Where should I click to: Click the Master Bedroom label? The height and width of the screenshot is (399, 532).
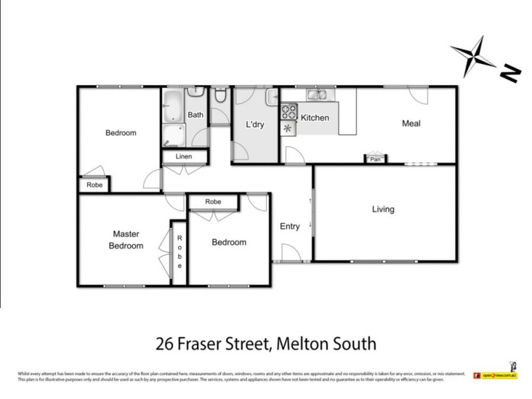[x=126, y=239]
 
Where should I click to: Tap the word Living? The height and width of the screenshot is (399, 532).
[x=383, y=209]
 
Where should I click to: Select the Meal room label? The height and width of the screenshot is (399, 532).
[x=411, y=123]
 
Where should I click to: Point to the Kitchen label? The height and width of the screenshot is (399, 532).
[x=315, y=118]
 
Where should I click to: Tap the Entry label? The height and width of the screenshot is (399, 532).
[x=290, y=226]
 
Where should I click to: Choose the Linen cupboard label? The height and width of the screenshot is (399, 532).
[x=184, y=157]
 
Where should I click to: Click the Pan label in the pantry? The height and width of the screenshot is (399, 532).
[x=375, y=160]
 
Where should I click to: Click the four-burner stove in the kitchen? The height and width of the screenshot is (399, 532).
[x=289, y=111]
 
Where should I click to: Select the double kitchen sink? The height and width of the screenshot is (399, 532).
[x=317, y=95]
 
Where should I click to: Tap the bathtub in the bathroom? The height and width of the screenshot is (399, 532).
[x=174, y=106]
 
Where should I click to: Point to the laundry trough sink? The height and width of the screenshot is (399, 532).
[x=271, y=98]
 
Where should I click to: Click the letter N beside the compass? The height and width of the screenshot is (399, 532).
[x=509, y=74]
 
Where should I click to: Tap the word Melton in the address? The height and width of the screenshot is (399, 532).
[x=301, y=344]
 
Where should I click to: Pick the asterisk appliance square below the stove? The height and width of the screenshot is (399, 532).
[x=289, y=128]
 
